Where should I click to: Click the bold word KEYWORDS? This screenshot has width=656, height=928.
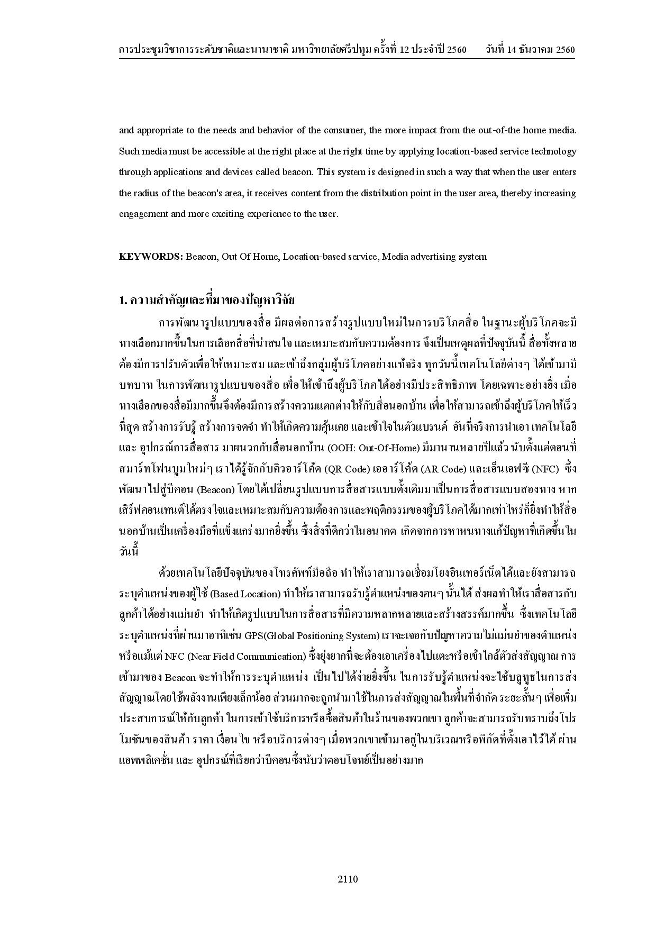pos(150,257)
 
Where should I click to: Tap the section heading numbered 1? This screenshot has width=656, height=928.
pos(206,301)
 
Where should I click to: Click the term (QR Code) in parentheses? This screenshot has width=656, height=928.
pos(342,469)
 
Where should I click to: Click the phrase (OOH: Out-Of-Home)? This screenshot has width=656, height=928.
pos(373,448)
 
